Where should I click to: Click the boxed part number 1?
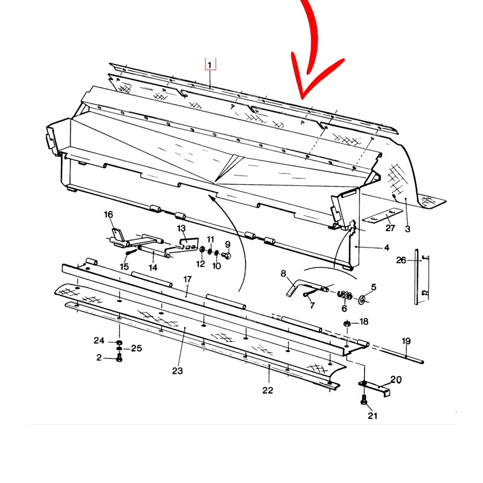[210, 65]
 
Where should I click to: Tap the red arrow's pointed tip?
[302, 99]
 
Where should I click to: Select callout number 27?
[390, 228]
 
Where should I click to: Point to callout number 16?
[109, 214]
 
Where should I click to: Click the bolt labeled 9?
[227, 255]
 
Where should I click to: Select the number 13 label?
[182, 228]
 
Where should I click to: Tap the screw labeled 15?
[131, 252]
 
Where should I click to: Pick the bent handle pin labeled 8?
[305, 286]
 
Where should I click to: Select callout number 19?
[406, 341]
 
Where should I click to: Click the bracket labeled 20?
[375, 388]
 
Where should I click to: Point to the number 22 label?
[267, 390]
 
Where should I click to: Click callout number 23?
[178, 371]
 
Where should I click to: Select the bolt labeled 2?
[120, 358]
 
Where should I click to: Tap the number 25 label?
[136, 348]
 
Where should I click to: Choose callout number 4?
[387, 248]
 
